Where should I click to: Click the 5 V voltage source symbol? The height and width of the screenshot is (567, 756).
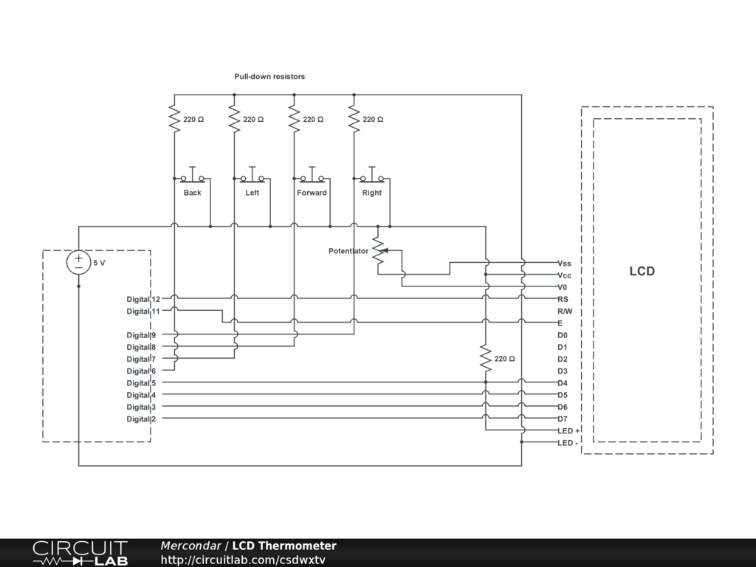pos(78,263)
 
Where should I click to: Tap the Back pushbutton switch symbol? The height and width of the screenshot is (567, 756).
pos(193,176)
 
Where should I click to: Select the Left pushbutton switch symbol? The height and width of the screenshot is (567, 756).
pos(252,176)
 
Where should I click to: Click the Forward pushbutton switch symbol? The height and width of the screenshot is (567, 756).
pos(312,176)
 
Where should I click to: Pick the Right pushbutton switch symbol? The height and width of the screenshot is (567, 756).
pos(372,176)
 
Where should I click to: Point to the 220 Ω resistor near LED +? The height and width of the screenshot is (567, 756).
pos(486,358)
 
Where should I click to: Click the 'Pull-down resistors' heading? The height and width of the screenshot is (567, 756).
pos(269,76)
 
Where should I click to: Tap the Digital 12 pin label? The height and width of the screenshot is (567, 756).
pos(143,300)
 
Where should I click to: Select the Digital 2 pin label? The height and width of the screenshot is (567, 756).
pos(141,419)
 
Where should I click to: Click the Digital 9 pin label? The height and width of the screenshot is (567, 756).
pos(141,335)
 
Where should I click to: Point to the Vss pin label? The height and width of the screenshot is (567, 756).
pos(564,264)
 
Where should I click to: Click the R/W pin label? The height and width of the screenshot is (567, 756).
pos(565,311)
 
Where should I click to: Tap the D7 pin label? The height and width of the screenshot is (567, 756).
pos(563,419)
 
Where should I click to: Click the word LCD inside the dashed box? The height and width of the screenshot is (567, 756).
pos(642,271)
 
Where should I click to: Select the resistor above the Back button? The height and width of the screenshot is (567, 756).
pos(174,119)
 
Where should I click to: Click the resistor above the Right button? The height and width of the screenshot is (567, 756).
pos(354,119)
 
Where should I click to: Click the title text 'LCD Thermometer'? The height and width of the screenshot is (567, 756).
pos(284,546)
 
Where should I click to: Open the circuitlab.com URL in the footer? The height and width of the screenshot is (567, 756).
pos(243,560)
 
